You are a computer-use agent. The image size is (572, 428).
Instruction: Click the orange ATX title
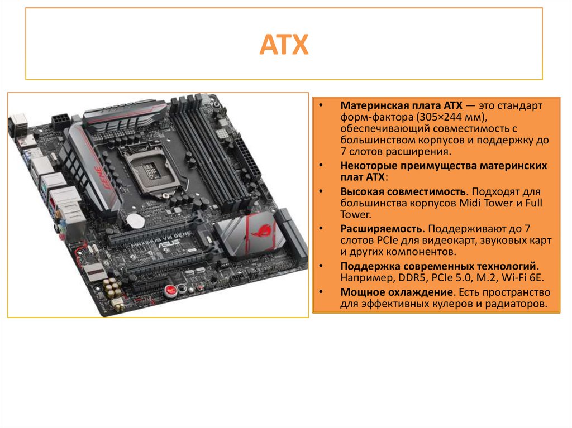pyautogui.click(x=284, y=45)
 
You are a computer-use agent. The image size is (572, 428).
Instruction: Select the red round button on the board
pyautogui.click(x=170, y=290)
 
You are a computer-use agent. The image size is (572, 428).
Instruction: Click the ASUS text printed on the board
pyautogui.click(x=169, y=243)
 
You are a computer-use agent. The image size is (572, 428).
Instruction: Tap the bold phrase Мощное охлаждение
pyautogui.click(x=397, y=292)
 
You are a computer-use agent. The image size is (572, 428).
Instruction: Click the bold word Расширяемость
pyautogui.click(x=381, y=229)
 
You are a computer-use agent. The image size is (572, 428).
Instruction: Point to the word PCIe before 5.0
pyautogui.click(x=442, y=278)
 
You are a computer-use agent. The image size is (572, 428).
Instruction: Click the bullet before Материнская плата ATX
pyautogui.click(x=321, y=105)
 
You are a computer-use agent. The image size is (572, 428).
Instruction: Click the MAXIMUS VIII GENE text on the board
pyautogui.click(x=160, y=238)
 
